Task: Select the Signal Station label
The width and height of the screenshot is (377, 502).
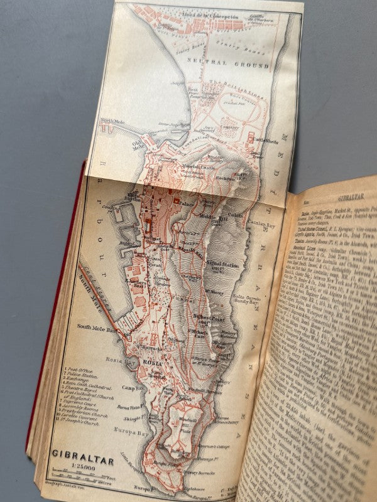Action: [x=221, y=265]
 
